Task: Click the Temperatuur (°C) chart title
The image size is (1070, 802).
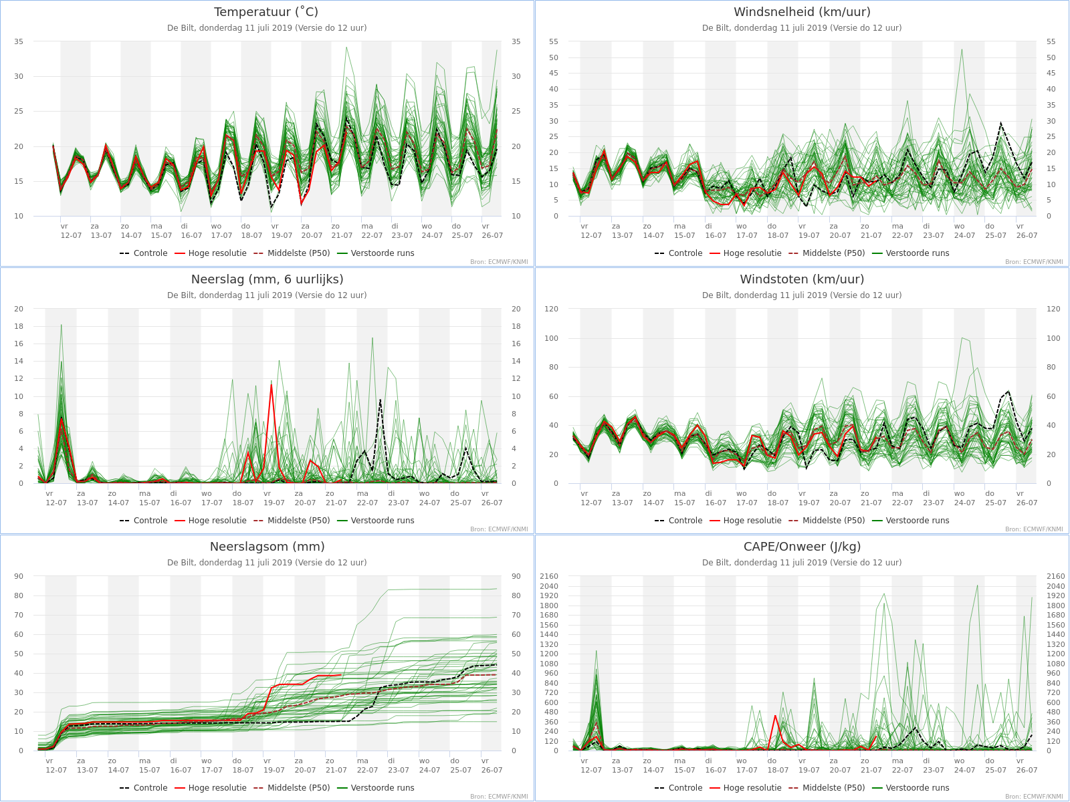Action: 266,11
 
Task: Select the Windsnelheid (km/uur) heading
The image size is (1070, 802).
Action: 802,11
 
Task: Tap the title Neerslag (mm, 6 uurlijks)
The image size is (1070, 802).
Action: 267,279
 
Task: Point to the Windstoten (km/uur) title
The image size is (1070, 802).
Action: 802,279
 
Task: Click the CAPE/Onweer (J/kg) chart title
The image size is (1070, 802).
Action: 802,546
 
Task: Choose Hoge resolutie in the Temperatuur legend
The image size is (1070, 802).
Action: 217,253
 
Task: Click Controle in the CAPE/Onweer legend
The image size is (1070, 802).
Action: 685,788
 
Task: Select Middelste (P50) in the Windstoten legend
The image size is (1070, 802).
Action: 833,521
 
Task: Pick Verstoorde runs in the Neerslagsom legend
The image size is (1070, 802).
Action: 382,788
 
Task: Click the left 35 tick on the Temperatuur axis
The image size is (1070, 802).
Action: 19,41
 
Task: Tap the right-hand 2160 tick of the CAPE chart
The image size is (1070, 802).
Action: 1055,576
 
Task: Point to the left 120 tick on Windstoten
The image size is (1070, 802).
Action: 551,309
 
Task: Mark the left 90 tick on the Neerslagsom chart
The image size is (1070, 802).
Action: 19,576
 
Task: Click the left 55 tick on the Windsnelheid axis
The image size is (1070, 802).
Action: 553,41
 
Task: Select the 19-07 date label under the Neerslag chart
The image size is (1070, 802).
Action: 274,503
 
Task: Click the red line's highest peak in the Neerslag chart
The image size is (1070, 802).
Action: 272,385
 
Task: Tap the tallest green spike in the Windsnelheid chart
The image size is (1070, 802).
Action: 962,49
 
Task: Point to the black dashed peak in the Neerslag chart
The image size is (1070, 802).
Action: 381,400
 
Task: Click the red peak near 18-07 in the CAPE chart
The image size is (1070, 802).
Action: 775,716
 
